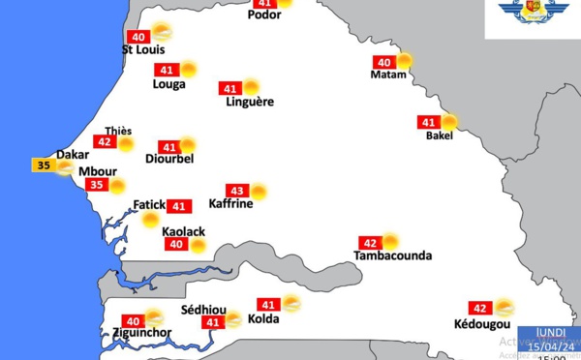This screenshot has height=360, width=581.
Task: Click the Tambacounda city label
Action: point(392,256)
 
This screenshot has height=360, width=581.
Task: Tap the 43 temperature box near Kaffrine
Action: point(237,191)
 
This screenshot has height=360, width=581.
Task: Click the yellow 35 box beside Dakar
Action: point(43,165)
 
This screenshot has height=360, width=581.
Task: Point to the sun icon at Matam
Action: point(404,61)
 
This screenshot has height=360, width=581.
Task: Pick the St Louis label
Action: point(143,49)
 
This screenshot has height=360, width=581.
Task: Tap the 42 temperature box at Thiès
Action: point(105,142)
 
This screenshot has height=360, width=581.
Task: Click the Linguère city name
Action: point(249,102)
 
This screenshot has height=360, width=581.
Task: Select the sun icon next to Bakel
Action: point(448,122)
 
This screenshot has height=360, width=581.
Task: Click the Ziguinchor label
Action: point(136,334)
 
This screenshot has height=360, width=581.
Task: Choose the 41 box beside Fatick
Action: point(179,206)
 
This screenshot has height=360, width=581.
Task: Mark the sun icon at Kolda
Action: point(290,303)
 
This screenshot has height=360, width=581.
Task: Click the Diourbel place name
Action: point(169,159)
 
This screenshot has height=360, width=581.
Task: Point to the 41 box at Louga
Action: point(167,70)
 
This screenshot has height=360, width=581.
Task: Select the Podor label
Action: point(264,15)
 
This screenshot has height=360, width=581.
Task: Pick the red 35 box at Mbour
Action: point(95,186)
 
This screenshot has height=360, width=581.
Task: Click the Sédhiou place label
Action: point(203,311)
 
